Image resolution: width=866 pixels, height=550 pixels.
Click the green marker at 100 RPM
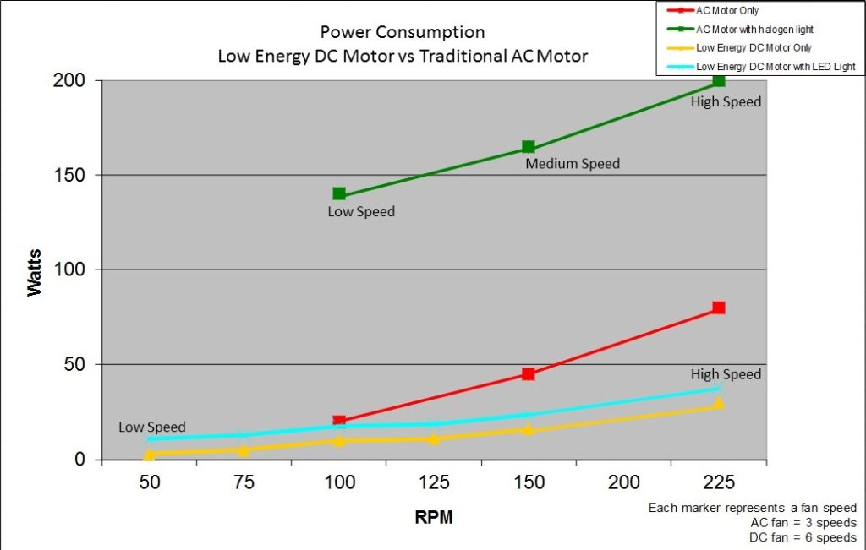coord(339,194)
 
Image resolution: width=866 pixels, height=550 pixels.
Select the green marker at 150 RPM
coord(529,147)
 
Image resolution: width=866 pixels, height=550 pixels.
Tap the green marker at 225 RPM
coord(719,80)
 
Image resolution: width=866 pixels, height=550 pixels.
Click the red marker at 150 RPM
coord(529,374)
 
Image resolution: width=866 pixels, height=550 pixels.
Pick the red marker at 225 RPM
coord(719,308)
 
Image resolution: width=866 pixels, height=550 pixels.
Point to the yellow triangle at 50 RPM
coord(150,455)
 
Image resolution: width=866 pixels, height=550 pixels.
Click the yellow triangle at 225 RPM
coord(719,404)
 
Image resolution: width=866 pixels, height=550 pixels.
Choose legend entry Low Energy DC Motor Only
coord(753,48)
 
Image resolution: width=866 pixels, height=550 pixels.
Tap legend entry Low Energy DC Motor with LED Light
coord(775,66)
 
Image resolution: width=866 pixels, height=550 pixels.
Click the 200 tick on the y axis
coord(74,80)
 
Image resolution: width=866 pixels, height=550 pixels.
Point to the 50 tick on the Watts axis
coord(79,365)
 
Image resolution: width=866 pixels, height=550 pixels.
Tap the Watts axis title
coord(35,270)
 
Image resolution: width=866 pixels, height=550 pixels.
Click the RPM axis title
coord(433,517)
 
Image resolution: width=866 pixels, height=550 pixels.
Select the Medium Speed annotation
coord(573,164)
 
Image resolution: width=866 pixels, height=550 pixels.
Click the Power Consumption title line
coord(403,33)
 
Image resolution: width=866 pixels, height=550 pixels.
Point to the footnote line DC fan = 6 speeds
coord(803,537)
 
